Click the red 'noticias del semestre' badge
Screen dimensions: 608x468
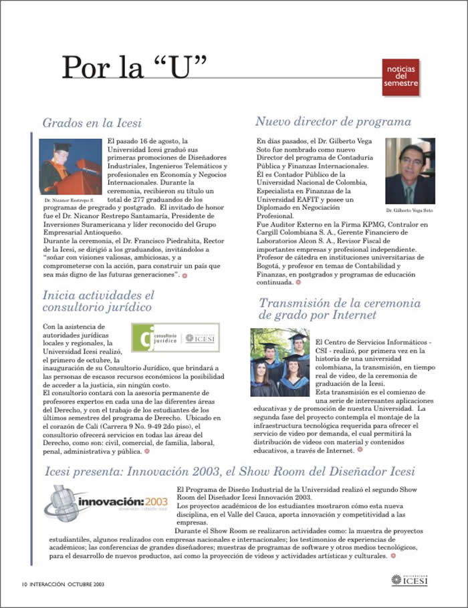[401, 78]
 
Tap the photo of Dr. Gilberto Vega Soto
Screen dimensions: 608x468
[410, 171]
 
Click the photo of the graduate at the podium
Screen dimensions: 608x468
[70, 167]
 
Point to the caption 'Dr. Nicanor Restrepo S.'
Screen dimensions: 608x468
[70, 200]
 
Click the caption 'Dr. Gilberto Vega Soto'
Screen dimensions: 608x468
[410, 210]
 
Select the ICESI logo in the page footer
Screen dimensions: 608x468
[409, 581]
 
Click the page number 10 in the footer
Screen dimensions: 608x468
[23, 583]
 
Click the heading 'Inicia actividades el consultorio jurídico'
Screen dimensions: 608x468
[98, 300]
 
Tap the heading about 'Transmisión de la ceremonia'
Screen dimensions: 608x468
[340, 308]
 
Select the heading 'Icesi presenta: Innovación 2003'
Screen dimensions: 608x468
[229, 472]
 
